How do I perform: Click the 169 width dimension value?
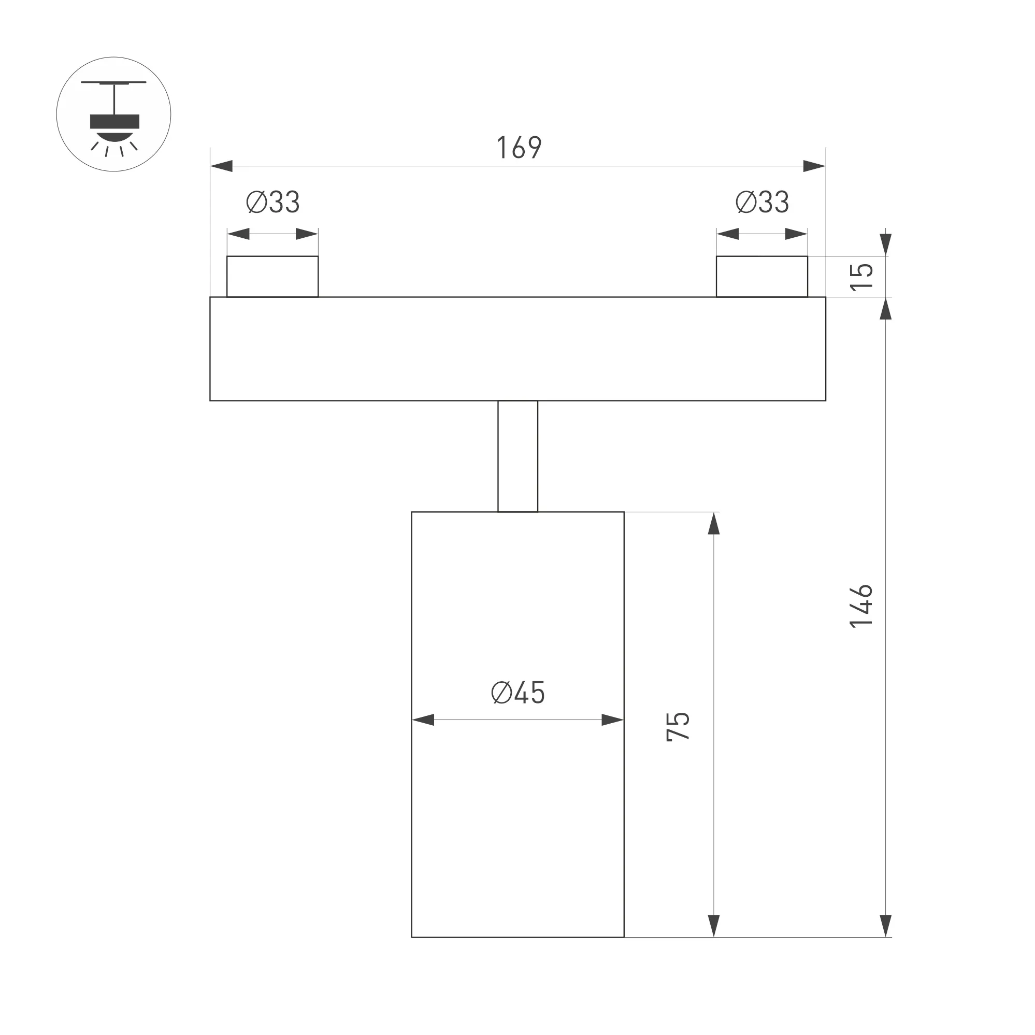(x=519, y=147)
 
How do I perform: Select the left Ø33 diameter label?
(x=272, y=202)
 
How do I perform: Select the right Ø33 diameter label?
(x=762, y=202)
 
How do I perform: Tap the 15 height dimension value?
(x=861, y=277)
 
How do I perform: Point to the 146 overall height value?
(x=861, y=606)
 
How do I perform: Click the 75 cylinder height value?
(x=678, y=726)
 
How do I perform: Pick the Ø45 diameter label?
(x=517, y=693)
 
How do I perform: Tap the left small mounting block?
(x=272, y=277)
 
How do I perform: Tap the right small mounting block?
(x=762, y=277)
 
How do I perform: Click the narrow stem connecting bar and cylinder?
(x=517, y=456)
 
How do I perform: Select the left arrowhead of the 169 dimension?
(x=222, y=166)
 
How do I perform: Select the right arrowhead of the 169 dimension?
(x=814, y=166)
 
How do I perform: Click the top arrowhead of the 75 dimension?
(x=714, y=524)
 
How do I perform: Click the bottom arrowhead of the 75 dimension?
(x=714, y=926)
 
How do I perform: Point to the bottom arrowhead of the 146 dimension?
(x=885, y=926)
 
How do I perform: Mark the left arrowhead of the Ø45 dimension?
(x=423, y=720)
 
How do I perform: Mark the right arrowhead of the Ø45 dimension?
(x=612, y=720)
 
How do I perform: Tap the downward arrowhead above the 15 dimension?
(x=885, y=245)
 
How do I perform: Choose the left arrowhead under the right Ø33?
(x=728, y=234)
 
